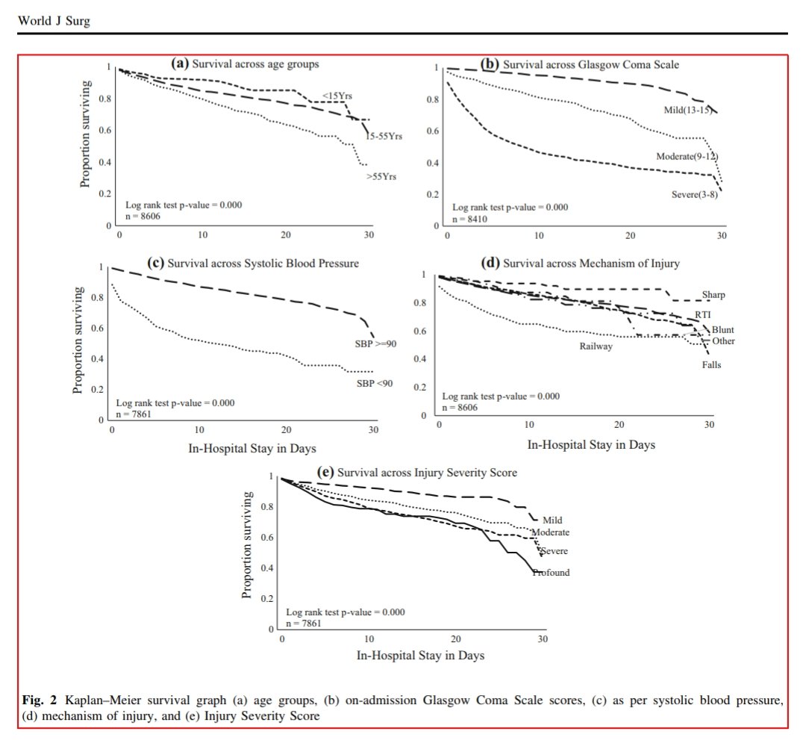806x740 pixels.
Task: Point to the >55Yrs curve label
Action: (x=380, y=177)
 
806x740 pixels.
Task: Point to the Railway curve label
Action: (x=596, y=346)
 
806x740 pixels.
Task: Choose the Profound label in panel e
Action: (x=551, y=573)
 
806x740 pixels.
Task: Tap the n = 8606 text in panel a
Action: (x=141, y=217)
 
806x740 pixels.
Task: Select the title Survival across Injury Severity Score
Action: (x=427, y=473)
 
